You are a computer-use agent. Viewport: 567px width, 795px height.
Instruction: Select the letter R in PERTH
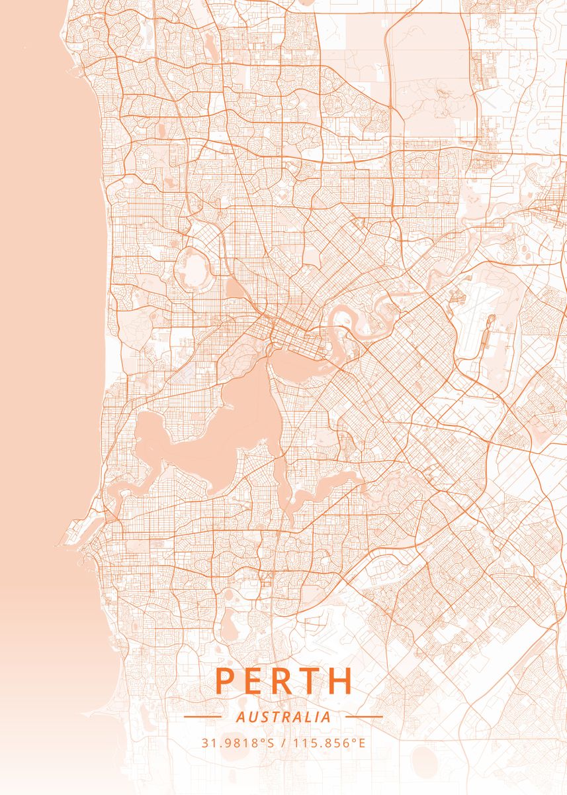pyautogui.click(x=286, y=681)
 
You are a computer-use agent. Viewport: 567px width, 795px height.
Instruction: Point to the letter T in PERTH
pyautogui.click(x=314, y=681)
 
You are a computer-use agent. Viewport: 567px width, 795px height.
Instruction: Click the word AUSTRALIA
pyautogui.click(x=283, y=717)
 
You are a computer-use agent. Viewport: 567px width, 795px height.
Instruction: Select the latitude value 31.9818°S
pyautogui.click(x=238, y=743)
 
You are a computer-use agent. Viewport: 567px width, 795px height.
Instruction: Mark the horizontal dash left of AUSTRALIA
pyautogui.click(x=202, y=717)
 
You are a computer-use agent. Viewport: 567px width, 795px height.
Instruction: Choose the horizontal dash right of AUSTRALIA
pyautogui.click(x=364, y=717)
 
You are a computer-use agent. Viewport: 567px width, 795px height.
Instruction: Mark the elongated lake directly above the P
pyautogui.click(x=228, y=626)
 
